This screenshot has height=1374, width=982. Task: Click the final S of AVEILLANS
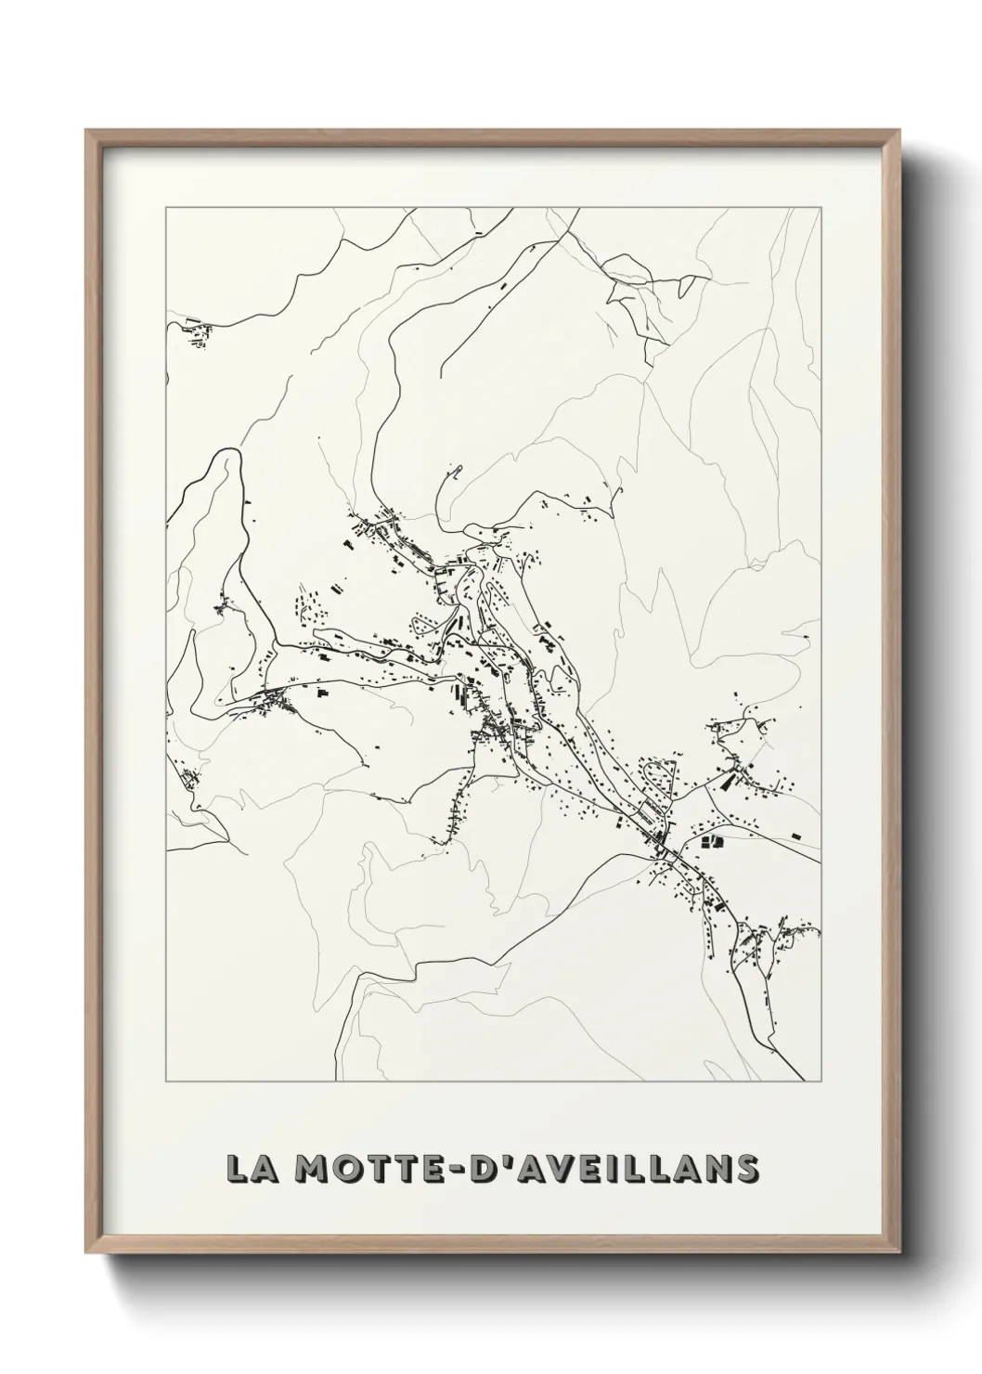(743, 1168)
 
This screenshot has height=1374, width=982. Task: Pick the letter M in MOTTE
(311, 1168)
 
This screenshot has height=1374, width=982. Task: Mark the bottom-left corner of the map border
(166, 1082)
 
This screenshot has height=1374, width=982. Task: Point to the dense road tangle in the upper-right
(640, 297)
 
